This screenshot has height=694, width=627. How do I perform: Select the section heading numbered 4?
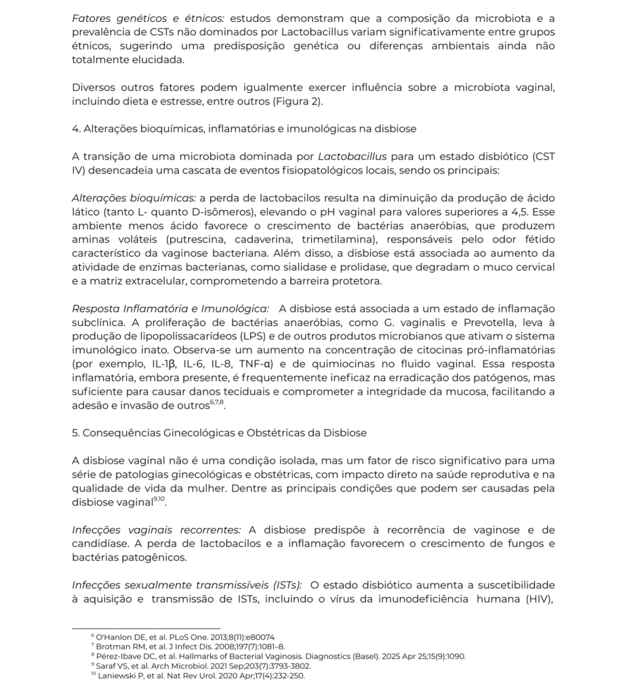pos(244,129)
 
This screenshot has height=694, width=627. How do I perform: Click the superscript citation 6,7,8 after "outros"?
pos(218,403)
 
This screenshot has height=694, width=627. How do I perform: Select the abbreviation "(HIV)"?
pos(535,599)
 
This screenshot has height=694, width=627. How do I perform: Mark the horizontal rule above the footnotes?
pos(146,628)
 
